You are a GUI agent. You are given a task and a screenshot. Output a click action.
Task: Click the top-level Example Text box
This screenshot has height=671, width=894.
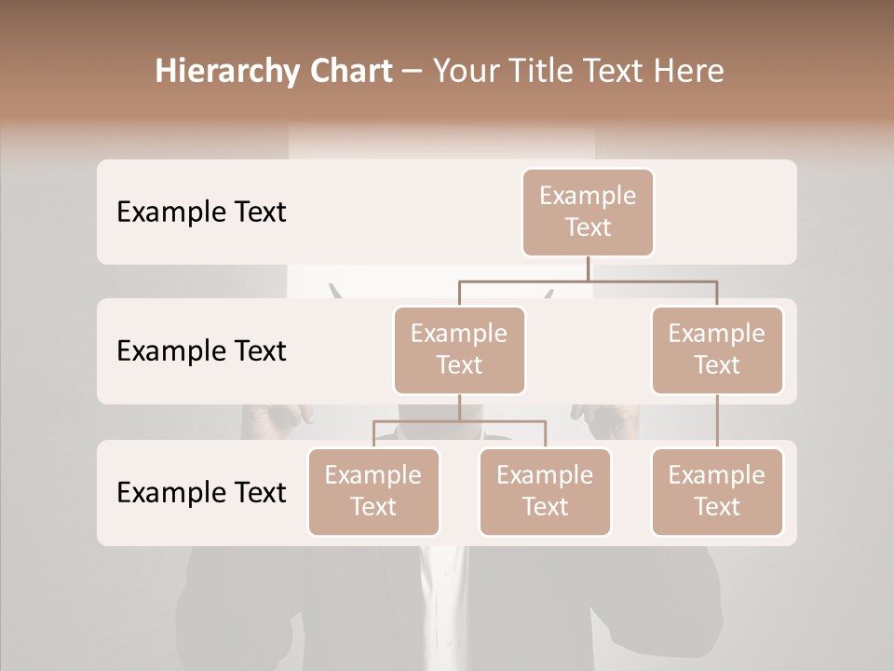click(588, 212)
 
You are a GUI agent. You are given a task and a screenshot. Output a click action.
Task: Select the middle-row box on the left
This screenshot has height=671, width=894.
click(459, 349)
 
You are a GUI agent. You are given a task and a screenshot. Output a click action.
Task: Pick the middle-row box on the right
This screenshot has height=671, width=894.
click(717, 349)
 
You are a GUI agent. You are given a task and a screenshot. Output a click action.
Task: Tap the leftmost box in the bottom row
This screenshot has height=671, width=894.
click(373, 491)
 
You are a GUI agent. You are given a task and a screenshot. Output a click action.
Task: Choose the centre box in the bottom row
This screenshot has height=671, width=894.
click(545, 491)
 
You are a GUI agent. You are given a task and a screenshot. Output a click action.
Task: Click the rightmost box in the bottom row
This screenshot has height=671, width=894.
click(717, 491)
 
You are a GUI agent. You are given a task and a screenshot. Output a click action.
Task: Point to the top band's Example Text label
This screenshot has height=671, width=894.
click(201, 212)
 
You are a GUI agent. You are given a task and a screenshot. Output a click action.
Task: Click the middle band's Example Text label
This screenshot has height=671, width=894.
click(201, 351)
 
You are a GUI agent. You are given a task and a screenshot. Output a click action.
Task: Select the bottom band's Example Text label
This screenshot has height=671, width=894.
click(201, 492)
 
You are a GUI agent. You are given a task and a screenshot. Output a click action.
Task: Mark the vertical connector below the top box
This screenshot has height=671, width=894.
click(589, 268)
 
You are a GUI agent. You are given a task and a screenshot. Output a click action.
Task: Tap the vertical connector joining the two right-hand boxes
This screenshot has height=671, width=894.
click(717, 421)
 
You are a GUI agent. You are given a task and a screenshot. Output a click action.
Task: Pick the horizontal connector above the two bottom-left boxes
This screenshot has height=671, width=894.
click(459, 421)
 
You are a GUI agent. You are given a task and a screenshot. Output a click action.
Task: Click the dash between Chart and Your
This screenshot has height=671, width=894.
click(413, 72)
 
